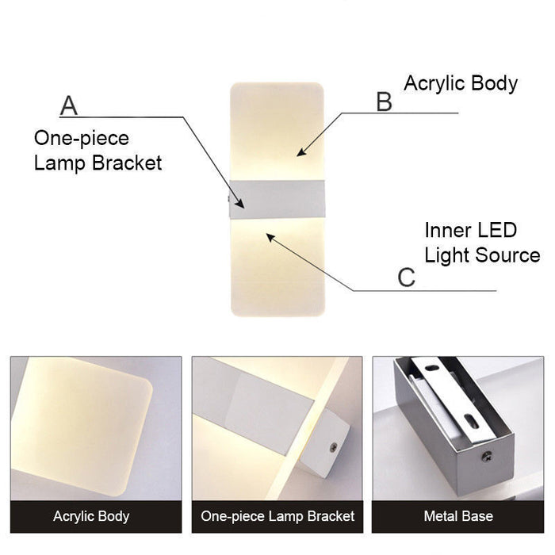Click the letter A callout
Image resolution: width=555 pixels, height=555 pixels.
(69, 105)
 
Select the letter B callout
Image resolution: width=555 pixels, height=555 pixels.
(384, 101)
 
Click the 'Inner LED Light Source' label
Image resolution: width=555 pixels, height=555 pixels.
(481, 243)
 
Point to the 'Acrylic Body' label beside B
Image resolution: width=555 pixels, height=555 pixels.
(461, 83)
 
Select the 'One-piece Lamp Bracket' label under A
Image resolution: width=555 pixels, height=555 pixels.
(97, 151)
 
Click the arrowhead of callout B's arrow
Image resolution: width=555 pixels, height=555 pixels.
(300, 153)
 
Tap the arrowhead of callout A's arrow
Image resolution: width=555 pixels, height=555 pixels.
(244, 209)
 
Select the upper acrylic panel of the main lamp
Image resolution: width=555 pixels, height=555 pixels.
(277, 131)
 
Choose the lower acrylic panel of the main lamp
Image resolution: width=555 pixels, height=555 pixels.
(277, 266)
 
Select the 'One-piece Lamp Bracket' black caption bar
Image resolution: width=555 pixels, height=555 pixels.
(277, 516)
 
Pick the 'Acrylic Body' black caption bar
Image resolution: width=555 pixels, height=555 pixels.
(91, 516)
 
